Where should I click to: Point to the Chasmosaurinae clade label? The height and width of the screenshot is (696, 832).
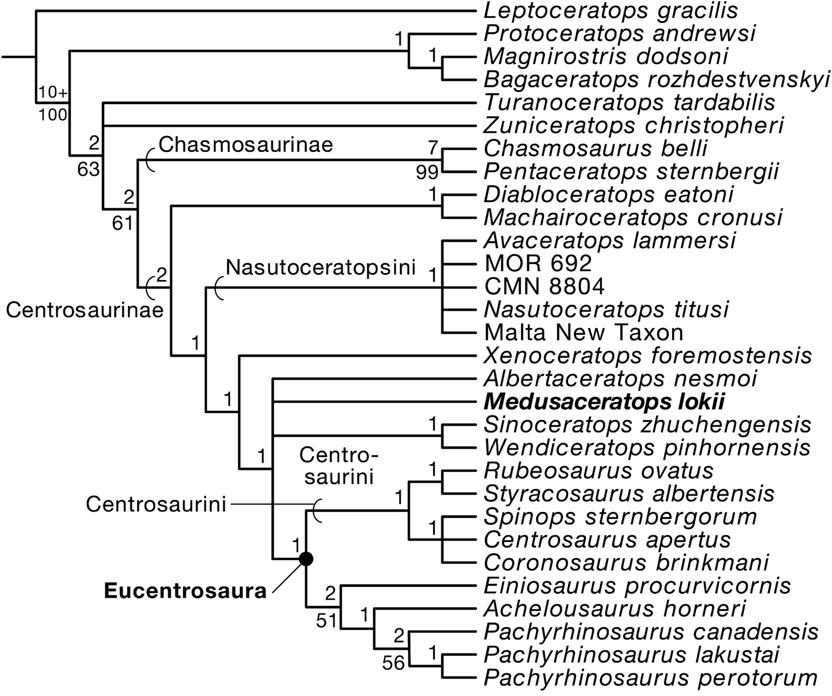click(x=246, y=145)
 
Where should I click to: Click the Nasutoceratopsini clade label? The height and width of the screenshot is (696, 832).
click(x=321, y=268)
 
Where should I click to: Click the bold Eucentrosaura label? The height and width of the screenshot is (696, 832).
click(x=185, y=591)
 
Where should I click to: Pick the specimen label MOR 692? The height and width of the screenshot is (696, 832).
click(x=538, y=263)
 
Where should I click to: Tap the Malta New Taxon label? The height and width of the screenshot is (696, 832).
click(x=584, y=333)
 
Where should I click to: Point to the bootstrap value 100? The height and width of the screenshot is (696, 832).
click(x=53, y=114)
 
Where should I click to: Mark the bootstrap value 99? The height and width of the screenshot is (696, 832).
click(x=427, y=172)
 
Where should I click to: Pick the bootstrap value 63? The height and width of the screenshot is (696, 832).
click(x=88, y=170)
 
